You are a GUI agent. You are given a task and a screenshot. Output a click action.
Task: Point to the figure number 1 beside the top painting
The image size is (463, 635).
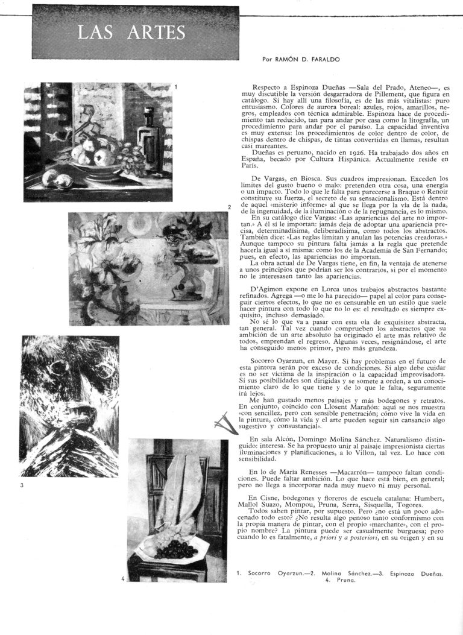click(x=175, y=87)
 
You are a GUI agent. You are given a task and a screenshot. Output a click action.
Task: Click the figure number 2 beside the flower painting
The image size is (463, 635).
click(x=230, y=207)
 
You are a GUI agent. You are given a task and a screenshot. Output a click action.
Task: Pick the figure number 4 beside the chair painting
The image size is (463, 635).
click(x=123, y=579)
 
